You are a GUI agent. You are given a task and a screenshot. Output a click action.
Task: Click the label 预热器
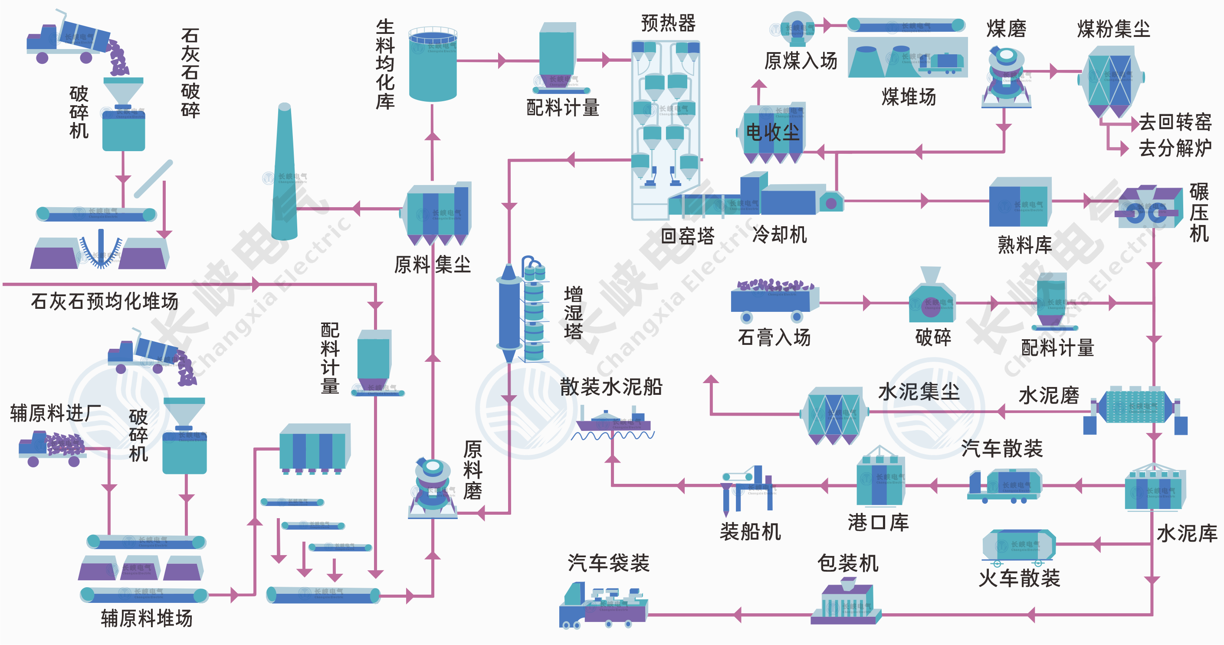(668, 23)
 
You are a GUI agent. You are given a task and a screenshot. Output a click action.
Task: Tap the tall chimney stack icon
(284, 174)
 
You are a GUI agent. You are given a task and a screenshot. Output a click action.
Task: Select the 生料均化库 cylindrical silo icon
(433, 64)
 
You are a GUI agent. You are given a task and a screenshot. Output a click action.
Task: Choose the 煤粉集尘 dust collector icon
(1112, 81)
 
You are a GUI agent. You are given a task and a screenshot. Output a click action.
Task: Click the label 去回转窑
(1175, 122)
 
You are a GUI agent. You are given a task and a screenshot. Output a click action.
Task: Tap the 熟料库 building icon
(1020, 202)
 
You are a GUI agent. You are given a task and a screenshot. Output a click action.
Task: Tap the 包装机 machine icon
(846, 602)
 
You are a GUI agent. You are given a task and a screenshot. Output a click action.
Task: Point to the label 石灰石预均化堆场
(105, 301)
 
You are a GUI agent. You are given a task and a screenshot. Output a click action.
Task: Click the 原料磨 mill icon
(433, 488)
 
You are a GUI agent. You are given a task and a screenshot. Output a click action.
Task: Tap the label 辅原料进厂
(55, 413)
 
